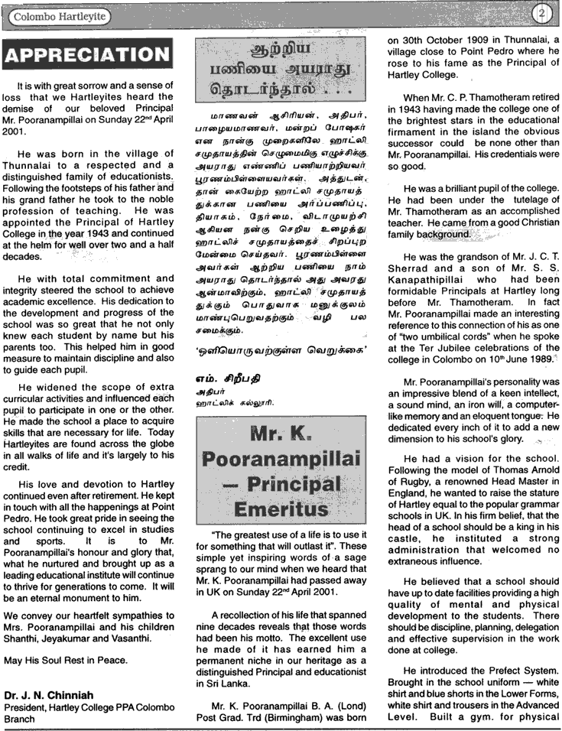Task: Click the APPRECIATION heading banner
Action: (x=86, y=54)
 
